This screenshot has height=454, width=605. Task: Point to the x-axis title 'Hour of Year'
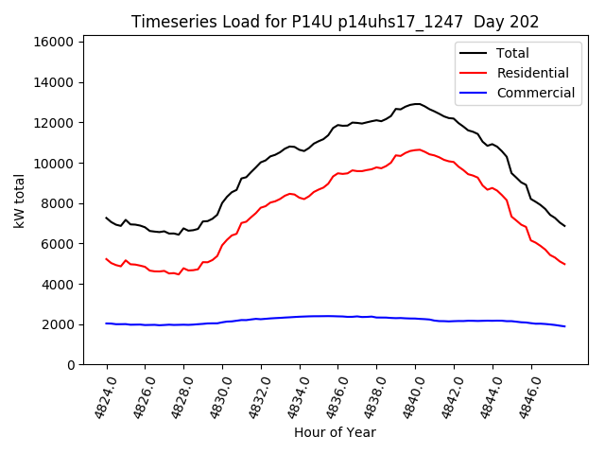pyautogui.click(x=335, y=432)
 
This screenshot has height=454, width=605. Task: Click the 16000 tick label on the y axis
pyautogui.click(x=54, y=42)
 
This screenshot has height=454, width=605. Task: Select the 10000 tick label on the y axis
pyautogui.click(x=54, y=163)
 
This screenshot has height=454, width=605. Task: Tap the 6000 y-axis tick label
pyautogui.click(x=58, y=244)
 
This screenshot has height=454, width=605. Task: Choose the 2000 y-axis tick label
pyautogui.click(x=58, y=324)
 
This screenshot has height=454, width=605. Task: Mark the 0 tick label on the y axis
pyautogui.click(x=71, y=365)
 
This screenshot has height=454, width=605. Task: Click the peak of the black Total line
pyautogui.click(x=417, y=104)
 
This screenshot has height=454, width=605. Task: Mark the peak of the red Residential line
pyautogui.click(x=417, y=149)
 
